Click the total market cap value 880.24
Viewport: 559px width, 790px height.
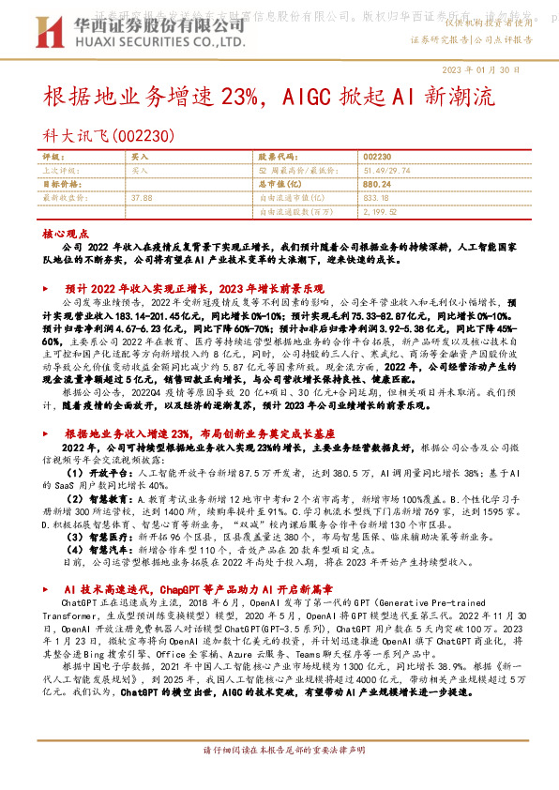point(376,185)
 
